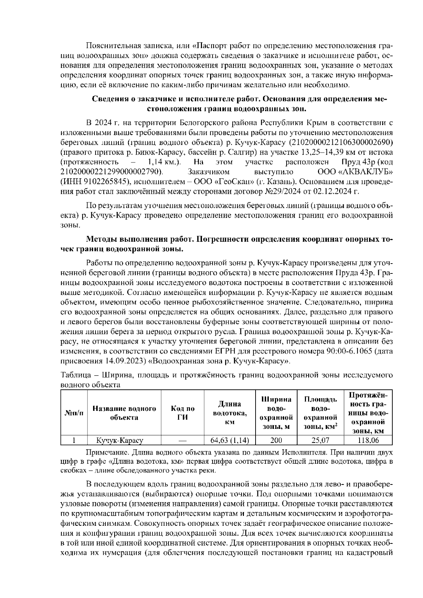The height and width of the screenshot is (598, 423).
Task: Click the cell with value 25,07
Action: point(320,440)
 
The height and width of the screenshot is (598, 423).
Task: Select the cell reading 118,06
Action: point(368,440)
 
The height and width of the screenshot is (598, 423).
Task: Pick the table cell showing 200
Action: point(276,440)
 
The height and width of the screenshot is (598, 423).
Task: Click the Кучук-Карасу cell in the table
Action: point(119,440)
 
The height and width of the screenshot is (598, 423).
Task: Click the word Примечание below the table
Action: point(103,452)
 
